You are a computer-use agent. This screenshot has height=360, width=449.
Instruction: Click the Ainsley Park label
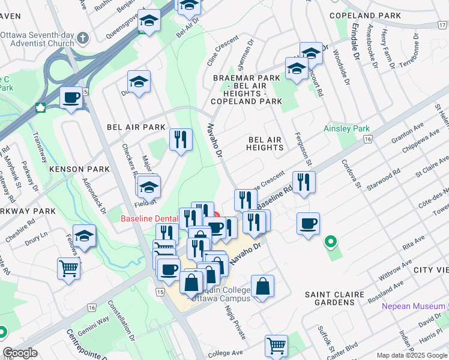coord(346,128)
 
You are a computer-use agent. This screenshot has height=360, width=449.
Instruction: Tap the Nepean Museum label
coord(414,307)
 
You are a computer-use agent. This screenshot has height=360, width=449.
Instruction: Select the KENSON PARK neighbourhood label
coord(80,169)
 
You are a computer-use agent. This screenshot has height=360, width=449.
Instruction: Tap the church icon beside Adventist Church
coord(83,38)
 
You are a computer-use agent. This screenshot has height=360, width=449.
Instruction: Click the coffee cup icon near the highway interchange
coord(71,97)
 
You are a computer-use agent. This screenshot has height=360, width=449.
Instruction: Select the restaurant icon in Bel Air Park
coord(181,139)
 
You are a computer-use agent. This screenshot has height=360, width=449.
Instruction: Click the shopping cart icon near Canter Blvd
coord(276,346)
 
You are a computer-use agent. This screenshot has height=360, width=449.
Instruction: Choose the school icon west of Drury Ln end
coord(85,235)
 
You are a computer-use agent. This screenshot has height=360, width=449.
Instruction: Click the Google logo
coord(20,353)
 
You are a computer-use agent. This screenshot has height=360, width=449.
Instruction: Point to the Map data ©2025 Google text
coord(411,355)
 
